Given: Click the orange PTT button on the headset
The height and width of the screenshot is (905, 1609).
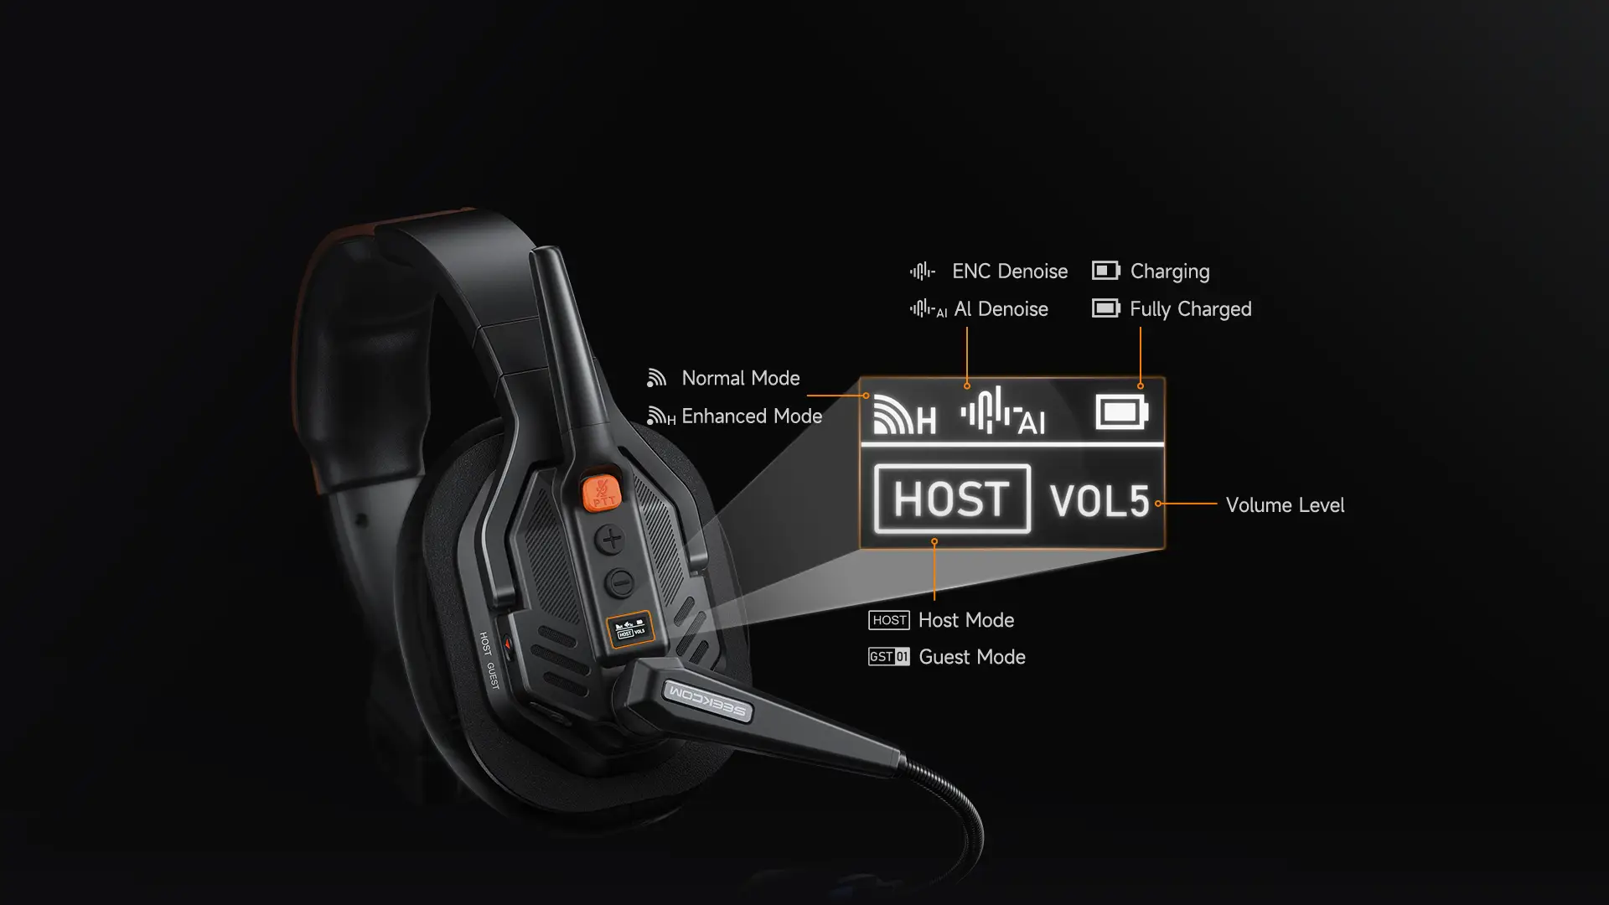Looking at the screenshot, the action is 601,491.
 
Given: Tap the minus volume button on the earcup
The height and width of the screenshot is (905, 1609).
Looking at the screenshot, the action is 619,582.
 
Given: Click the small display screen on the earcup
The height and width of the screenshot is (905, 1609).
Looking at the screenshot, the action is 630,628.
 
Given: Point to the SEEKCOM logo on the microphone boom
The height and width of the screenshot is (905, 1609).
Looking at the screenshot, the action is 707,701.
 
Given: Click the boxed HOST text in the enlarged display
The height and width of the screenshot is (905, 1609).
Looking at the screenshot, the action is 952,499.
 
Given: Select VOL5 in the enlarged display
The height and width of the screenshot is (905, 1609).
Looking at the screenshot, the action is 1099,501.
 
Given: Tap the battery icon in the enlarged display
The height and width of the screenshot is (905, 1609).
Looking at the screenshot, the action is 1121,412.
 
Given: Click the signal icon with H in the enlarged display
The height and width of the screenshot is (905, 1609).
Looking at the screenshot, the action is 904,414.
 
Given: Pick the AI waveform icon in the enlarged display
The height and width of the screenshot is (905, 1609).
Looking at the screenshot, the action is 1002,411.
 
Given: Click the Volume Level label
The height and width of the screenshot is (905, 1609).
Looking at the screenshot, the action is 1285,505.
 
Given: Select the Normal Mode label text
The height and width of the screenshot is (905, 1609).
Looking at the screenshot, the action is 741,378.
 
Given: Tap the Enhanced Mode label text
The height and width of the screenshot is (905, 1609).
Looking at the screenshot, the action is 752,416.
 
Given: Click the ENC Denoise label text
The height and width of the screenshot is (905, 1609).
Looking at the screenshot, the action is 1010,271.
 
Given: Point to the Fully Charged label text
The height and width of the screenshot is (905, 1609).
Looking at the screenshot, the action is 1191,309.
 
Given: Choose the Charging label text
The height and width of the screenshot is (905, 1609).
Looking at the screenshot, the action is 1170,271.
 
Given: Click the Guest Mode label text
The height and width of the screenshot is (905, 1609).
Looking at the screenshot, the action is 972,657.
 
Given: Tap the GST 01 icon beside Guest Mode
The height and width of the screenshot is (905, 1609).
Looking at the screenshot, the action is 889,657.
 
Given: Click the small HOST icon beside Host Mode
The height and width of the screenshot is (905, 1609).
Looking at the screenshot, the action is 889,620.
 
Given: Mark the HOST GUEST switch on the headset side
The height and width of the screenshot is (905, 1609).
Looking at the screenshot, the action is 505,644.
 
